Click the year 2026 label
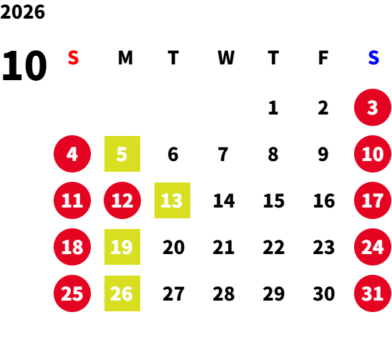[22, 12]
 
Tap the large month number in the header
[24, 66]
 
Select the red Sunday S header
[73, 58]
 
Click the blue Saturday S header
[373, 58]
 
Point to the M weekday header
[125, 58]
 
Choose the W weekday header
[226, 58]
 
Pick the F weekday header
[323, 58]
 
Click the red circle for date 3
[373, 107]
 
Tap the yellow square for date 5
[122, 154]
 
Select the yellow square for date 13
[172, 200]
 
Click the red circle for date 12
[122, 200]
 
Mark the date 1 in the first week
[273, 108]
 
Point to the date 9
[323, 154]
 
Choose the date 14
[224, 200]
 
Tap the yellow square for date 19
[122, 247]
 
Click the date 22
[273, 247]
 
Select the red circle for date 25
[72, 293]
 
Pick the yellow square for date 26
[122, 293]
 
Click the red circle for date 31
[373, 293]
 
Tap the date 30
[324, 293]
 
